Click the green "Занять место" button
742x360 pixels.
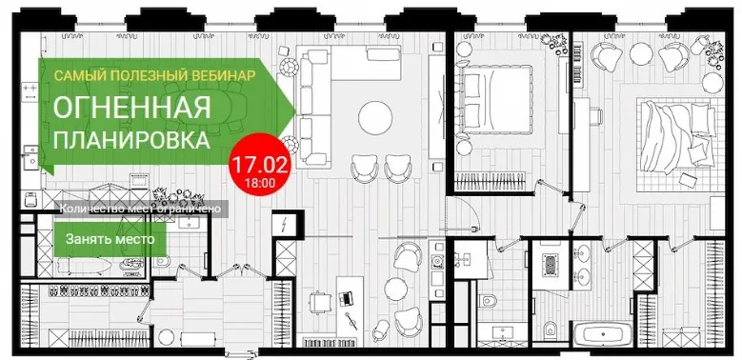pyautogui.click(x=110, y=239)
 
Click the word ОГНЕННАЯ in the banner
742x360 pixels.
pyautogui.click(x=132, y=108)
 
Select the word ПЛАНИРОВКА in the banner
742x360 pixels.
pyautogui.click(x=131, y=140)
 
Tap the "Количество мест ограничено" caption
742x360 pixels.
pyautogui.click(x=141, y=209)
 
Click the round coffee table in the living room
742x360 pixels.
pyautogui.click(x=375, y=118)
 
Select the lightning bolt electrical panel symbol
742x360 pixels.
pyautogui.click(x=284, y=224)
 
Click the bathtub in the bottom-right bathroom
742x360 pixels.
pyautogui.click(x=602, y=335)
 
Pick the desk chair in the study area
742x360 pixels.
pyautogui.click(x=318, y=301)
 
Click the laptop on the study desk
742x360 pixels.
pyautogui.click(x=347, y=298)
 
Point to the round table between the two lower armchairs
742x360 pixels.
pyautogui.click(x=395, y=288)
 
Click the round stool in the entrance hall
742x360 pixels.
pyautogui.click(x=166, y=337)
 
